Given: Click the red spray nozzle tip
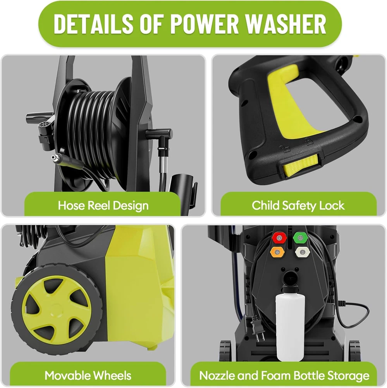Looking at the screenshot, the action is point(279,238).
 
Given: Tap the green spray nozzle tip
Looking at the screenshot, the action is point(300,238).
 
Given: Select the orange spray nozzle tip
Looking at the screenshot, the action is point(277,253).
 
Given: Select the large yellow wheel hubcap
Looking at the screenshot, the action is point(57,308).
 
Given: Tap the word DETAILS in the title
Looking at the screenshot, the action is point(93,24).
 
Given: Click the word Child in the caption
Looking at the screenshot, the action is point(265,205).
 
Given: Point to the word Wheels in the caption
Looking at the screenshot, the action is point(113,375).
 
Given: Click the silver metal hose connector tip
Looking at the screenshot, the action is point(57,158).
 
